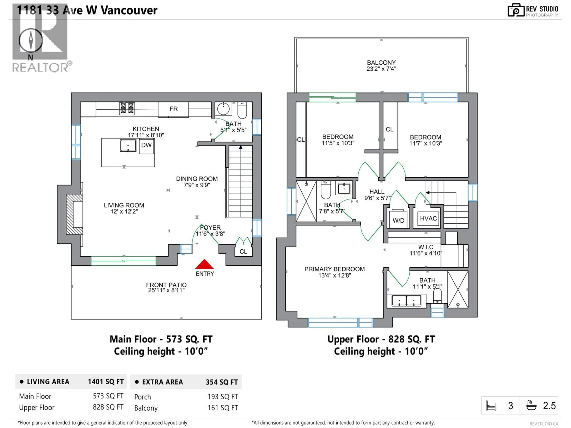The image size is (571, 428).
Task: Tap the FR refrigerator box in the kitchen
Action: coord(174,109)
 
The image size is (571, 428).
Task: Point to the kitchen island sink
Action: coord(128,146)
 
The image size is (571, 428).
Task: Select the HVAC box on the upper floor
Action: coord(428,218)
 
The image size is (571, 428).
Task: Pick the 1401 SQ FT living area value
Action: coord(106,382)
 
